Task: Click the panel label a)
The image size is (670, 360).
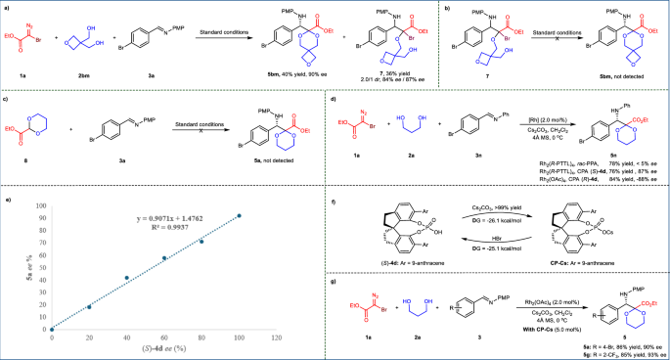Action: pyautogui.click(x=6, y=6)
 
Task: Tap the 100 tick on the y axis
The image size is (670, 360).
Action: pyautogui.click(x=39, y=206)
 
